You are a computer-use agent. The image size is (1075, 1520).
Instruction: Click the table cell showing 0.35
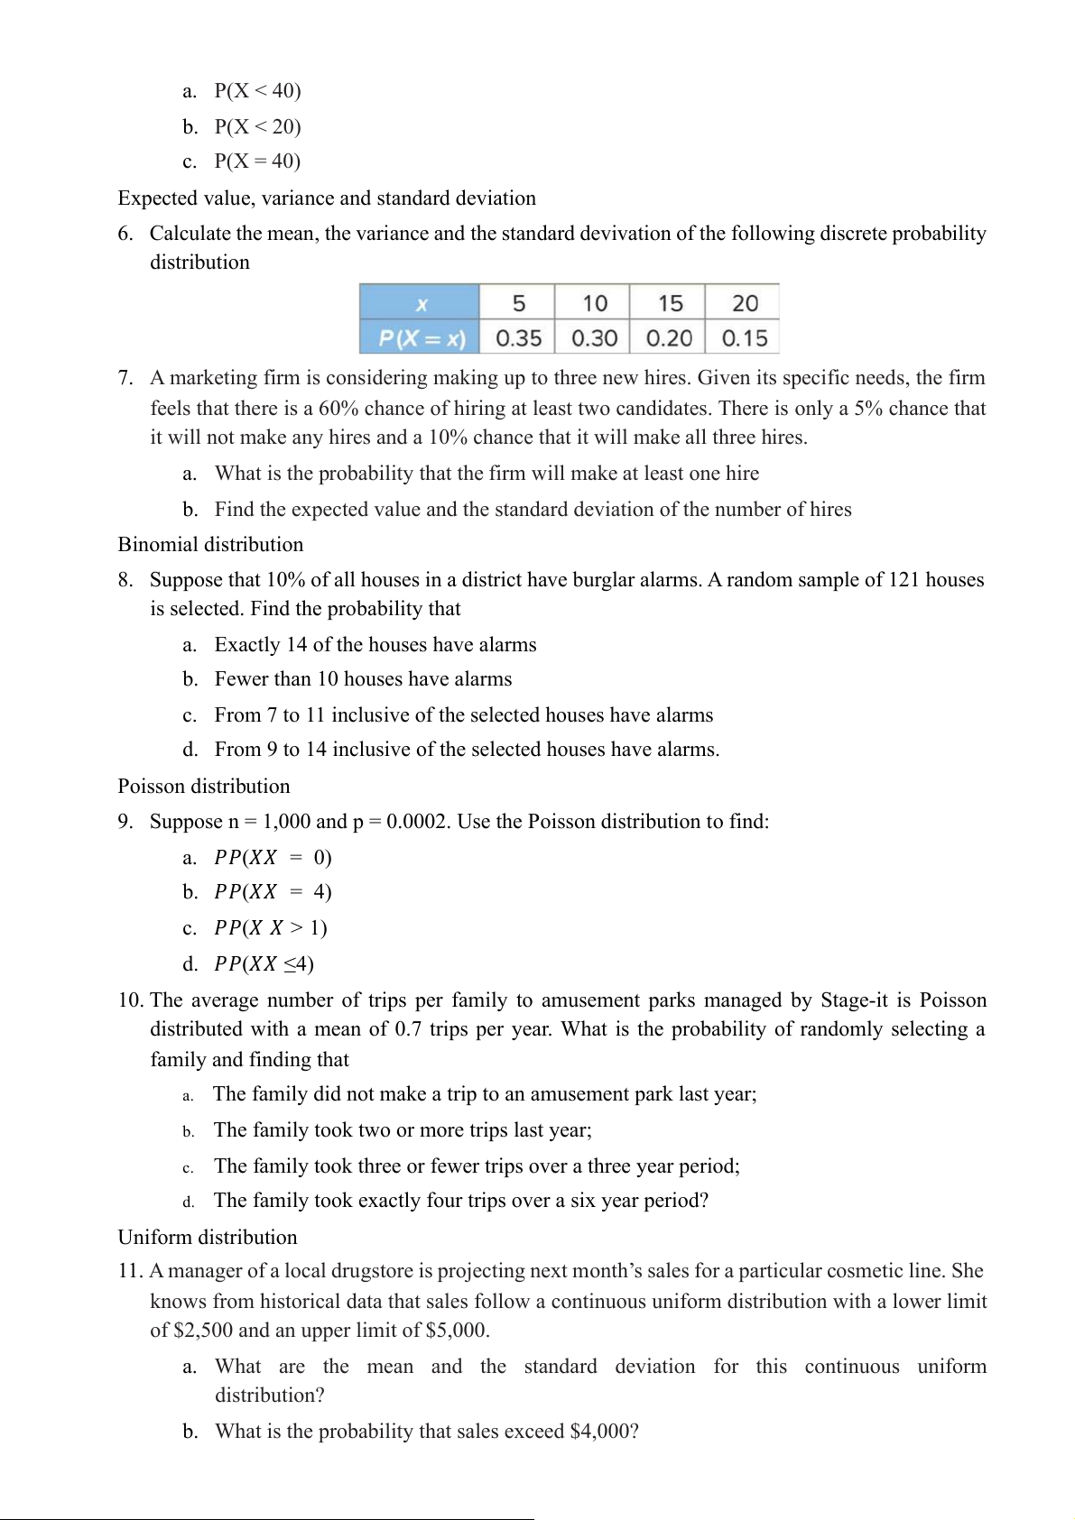pos(518,338)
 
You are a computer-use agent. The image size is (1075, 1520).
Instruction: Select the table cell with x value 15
pos(670,303)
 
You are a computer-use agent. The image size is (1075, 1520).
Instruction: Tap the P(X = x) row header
pos(421,338)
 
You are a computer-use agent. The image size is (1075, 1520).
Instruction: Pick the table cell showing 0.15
pos(744,338)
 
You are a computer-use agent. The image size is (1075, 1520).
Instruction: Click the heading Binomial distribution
pos(210,544)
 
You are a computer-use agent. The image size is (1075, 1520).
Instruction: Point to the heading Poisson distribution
pos(204,786)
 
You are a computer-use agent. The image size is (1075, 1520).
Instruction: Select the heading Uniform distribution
pos(208,1237)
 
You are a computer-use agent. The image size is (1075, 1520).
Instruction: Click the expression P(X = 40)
pos(257,161)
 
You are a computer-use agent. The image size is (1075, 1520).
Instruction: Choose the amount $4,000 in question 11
pos(600,1431)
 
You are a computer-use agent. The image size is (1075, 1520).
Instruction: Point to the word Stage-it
pos(854,1000)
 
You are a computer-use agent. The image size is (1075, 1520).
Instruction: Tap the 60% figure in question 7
pos(338,408)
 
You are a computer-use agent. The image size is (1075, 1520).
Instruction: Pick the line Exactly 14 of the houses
pos(375,644)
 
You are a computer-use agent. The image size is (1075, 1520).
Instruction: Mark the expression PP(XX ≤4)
pos(264,963)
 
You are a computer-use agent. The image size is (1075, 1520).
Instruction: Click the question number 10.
pos(131,1000)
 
